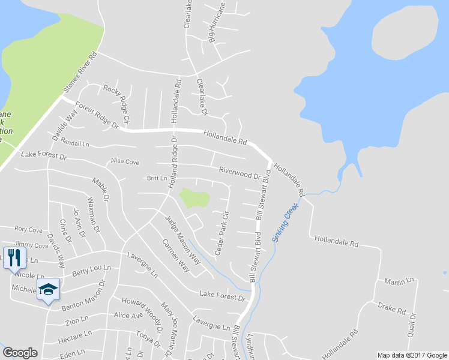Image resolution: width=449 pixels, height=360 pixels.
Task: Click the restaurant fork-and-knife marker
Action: point(14,258)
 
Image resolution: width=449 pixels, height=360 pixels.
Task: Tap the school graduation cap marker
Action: point(48,290)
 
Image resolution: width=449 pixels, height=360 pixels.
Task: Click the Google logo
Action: point(20,353)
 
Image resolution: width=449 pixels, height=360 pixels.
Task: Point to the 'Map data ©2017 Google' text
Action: point(412,355)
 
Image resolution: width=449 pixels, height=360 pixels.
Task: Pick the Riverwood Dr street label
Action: point(239,173)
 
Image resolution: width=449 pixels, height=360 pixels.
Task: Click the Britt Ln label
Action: point(157,178)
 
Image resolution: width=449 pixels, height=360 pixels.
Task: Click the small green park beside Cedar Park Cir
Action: point(194,197)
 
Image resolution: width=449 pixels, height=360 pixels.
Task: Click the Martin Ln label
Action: point(399,281)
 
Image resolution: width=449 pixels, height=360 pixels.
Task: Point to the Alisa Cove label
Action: point(124,161)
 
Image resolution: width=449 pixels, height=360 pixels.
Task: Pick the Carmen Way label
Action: point(176,256)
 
